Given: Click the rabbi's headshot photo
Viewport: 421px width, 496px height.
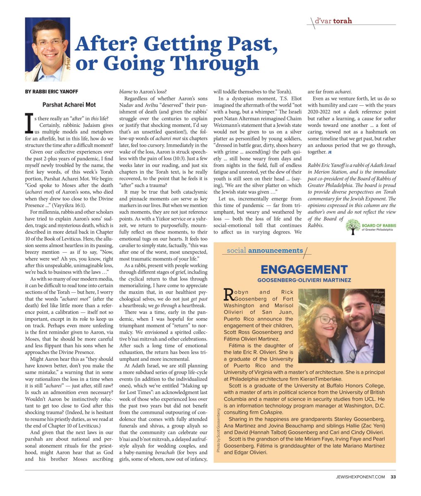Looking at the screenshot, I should click(x=48, y=49).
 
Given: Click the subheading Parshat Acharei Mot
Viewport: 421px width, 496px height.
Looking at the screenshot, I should click(x=69, y=105).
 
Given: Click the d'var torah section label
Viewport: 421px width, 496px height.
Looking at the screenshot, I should click(x=332, y=20).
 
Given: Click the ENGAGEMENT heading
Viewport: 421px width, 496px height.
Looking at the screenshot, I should click(x=304, y=270).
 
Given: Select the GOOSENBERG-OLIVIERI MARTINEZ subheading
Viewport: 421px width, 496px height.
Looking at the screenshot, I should click(x=304, y=280).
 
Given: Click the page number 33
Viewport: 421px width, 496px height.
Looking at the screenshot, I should click(x=393, y=477).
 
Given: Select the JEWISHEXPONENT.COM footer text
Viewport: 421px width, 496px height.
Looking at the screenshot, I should click(x=360, y=477).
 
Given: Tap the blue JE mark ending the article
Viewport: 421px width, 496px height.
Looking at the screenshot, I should click(x=330, y=153).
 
